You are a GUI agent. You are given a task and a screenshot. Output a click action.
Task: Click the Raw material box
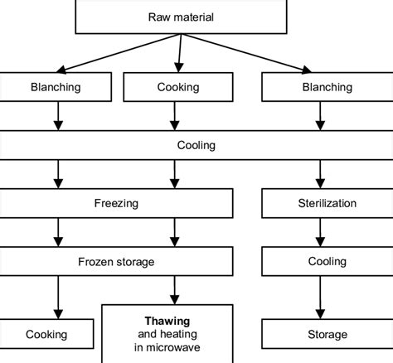(180, 17)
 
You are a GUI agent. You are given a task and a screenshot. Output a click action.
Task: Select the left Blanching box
(57, 88)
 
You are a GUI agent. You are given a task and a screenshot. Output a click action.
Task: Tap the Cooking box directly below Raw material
(177, 88)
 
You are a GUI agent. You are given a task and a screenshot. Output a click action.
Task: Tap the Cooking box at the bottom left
(46, 334)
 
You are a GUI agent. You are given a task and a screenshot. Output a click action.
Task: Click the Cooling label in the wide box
(196, 145)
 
